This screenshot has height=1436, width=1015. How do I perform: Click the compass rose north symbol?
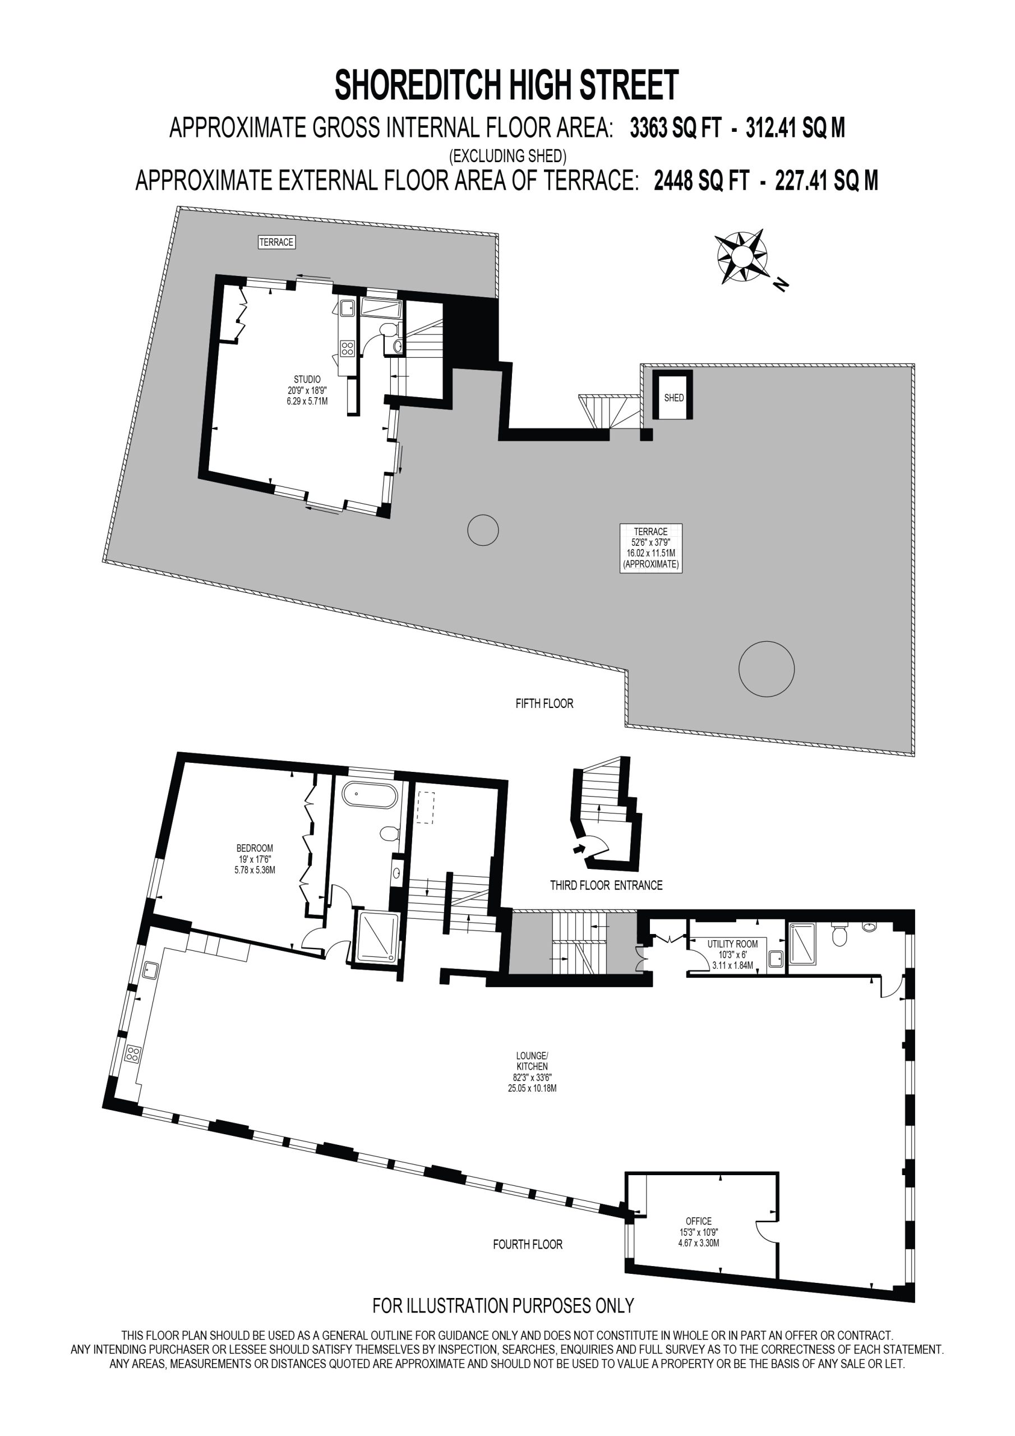[742, 256]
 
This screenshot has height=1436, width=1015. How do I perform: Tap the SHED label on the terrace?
[673, 398]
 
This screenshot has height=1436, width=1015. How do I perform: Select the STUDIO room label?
[307, 379]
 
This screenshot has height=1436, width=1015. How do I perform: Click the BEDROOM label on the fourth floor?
[255, 848]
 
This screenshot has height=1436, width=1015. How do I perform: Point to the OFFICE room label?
[699, 1221]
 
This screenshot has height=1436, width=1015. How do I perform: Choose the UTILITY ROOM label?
[732, 944]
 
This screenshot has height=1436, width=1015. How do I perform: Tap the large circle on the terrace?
[766, 669]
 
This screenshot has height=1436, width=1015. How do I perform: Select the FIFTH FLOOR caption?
[544, 703]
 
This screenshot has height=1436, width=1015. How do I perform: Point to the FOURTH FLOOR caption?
[528, 1245]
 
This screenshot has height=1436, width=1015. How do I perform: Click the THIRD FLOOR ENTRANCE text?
[606, 885]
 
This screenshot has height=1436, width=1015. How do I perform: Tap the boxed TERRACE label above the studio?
[276, 242]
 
